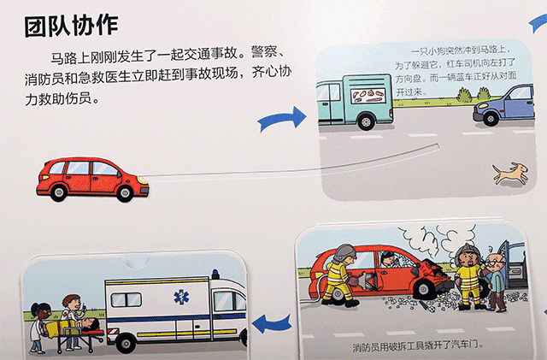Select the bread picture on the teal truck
point(371,95)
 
